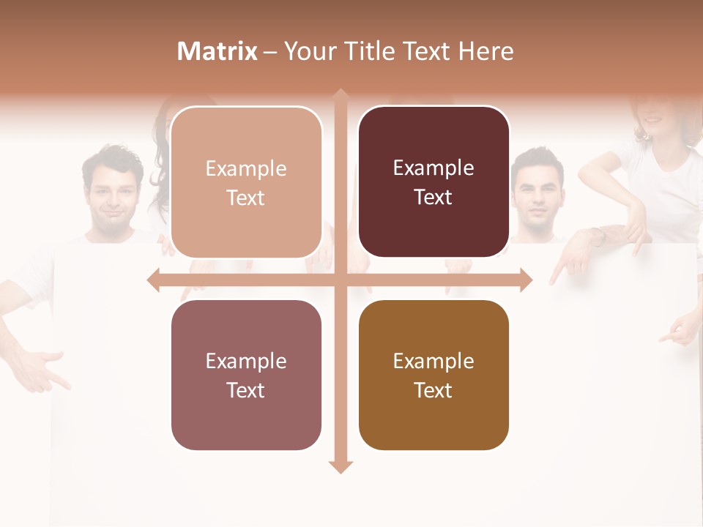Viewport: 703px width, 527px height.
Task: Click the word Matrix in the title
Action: tap(217, 51)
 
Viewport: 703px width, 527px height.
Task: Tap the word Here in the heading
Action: tap(486, 51)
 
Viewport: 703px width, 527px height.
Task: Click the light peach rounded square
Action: tap(246, 182)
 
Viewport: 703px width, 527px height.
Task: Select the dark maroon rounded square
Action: tap(434, 182)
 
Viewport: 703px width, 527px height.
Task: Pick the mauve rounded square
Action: tap(246, 375)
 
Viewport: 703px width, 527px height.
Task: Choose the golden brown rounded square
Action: tap(434, 375)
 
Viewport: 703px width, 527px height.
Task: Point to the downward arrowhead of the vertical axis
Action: tap(340, 466)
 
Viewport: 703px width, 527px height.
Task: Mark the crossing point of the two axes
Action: tap(340, 280)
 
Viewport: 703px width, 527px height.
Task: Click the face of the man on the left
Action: tap(114, 195)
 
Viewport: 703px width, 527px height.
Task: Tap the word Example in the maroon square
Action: tap(434, 168)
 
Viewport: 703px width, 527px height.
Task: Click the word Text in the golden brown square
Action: tap(434, 390)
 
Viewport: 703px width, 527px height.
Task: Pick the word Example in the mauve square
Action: tap(246, 361)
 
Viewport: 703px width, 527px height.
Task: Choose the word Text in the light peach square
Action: tap(246, 198)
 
